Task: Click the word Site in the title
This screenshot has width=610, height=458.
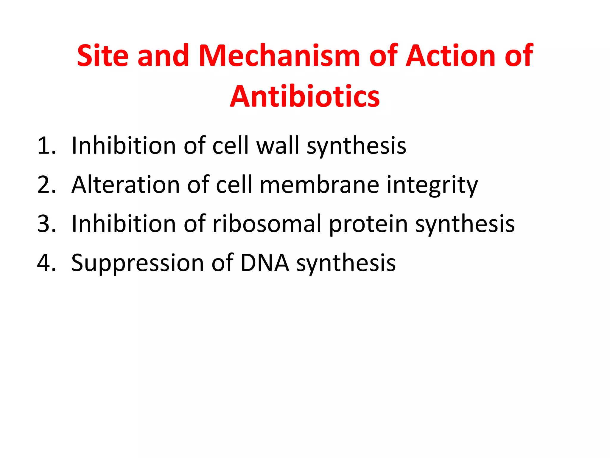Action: click(x=103, y=56)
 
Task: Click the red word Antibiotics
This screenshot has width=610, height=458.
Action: click(x=305, y=97)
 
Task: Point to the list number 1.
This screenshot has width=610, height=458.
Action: click(x=46, y=146)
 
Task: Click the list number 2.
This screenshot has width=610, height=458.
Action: click(x=46, y=185)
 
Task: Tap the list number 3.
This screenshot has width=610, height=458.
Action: click(x=46, y=224)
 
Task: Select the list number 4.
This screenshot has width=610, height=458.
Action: click(x=46, y=263)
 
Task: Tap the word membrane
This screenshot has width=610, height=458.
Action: click(x=319, y=185)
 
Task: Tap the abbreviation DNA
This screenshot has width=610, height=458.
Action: click(x=264, y=263)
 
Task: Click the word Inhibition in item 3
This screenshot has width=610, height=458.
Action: click(x=124, y=224)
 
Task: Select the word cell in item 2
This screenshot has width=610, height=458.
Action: click(x=234, y=185)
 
